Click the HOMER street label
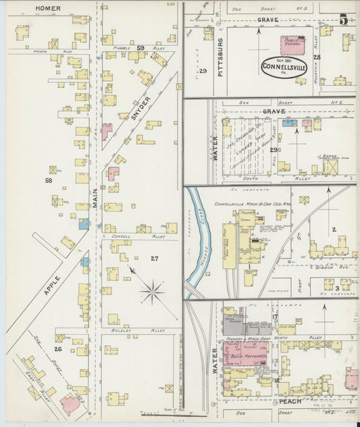click(48, 9)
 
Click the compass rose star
click(153, 293)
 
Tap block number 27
click(154, 258)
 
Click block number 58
click(48, 180)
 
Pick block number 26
click(58, 349)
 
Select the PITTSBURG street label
click(220, 57)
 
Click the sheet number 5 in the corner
click(344, 20)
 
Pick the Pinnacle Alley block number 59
click(140, 48)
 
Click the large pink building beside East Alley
click(70, 404)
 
